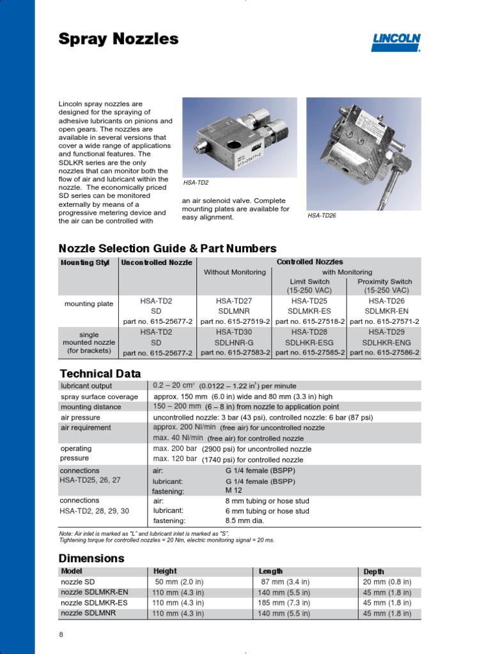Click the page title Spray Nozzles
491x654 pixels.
118,40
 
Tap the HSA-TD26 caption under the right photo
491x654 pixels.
322,216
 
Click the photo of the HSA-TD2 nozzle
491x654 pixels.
240,137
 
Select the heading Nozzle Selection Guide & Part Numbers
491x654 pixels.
168,248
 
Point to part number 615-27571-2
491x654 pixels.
384,321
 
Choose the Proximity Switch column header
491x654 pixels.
384,282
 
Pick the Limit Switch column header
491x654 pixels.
309,282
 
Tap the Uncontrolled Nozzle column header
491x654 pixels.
157,262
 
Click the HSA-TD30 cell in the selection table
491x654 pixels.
234,332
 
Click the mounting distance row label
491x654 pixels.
90,407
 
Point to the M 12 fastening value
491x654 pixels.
233,490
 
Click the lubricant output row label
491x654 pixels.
86,386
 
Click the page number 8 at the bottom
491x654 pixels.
61,634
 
